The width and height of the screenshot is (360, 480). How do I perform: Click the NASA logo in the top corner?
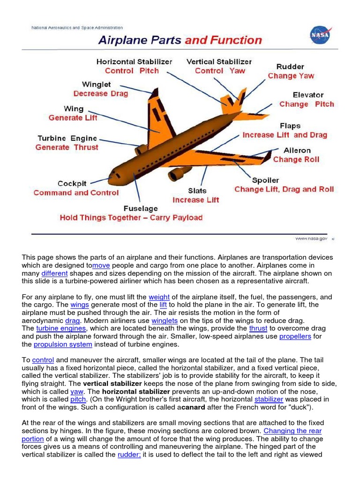coord(321,35)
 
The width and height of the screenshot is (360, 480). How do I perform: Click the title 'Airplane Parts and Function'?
coord(180,40)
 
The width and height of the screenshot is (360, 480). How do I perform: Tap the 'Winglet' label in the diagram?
coord(97,84)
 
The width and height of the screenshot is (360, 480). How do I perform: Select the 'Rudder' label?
coord(290,67)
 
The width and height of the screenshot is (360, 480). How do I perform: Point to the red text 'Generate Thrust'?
coord(67,147)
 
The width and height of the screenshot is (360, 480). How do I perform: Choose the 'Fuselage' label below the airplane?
coord(141,208)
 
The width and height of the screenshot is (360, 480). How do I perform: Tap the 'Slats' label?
coord(197,190)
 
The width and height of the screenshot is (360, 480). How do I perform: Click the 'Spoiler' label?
coord(265,180)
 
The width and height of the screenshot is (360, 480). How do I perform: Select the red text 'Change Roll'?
coord(296,159)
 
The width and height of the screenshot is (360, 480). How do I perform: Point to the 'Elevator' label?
coord(308,95)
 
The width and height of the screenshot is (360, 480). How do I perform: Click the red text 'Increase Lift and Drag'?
coord(285,135)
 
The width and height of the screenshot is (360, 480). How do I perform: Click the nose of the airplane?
coord(112,179)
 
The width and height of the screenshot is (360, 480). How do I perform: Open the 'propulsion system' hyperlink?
coord(63,345)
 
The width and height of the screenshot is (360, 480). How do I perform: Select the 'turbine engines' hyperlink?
coord(61,329)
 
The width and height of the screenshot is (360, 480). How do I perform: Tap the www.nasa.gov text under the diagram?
coord(311,239)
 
